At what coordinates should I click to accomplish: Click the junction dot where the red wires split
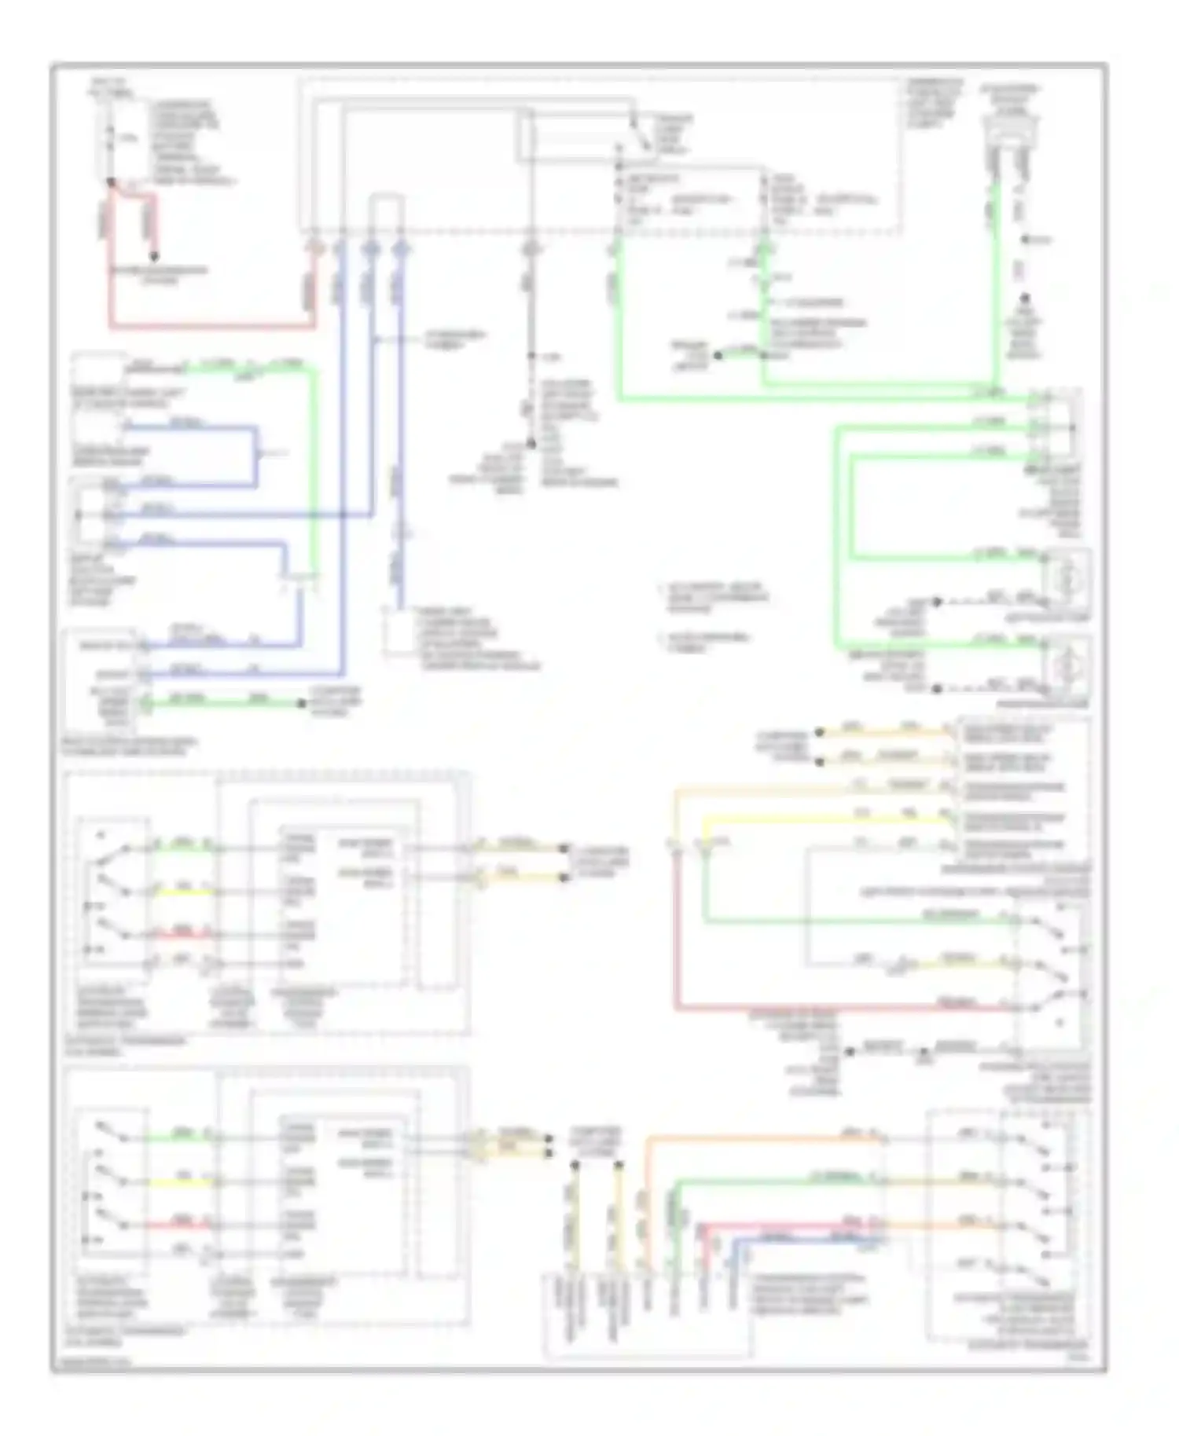pos(111,182)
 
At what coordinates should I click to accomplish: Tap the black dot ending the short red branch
pos(154,256)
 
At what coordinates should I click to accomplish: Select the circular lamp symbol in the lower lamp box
pos(1067,667)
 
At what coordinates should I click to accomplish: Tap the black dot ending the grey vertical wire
pos(531,445)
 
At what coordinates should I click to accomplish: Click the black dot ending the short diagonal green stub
pos(718,356)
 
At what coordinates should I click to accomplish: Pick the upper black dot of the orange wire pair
pos(819,732)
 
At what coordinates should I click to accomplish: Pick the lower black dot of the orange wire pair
pos(819,762)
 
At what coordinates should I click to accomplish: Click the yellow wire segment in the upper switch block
pos(182,892)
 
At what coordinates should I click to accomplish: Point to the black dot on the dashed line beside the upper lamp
pos(936,603)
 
